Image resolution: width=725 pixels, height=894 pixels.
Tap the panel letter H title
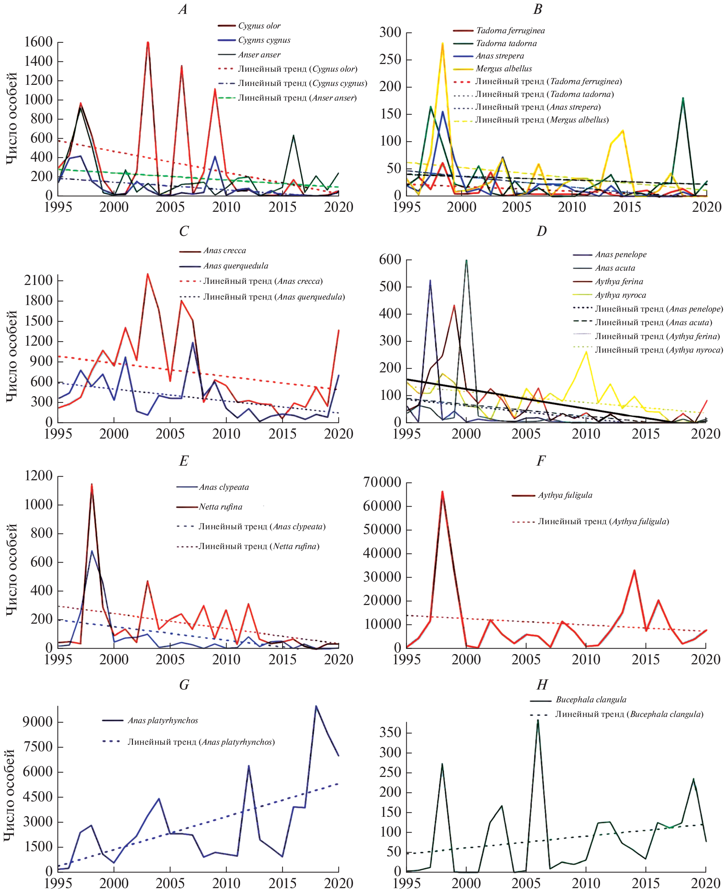point(542,685)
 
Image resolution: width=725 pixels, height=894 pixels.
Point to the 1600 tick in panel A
point(38,42)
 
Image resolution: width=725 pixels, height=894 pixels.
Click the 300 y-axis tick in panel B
point(390,33)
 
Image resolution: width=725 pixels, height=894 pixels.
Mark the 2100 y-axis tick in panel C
point(38,281)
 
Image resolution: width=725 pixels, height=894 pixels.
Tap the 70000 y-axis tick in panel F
point(382,482)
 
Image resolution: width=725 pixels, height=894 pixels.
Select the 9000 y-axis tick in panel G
point(38,722)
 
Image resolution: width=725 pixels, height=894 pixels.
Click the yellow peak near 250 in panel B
point(442,44)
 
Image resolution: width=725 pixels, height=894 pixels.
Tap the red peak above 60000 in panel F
point(442,492)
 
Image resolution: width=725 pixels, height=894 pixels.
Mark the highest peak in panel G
point(316,706)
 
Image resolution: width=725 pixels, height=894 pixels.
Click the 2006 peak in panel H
point(538,720)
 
